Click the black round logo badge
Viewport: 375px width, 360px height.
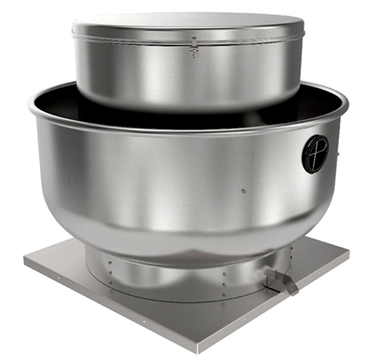[315, 153]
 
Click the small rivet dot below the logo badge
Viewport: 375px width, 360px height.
[243, 190]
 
